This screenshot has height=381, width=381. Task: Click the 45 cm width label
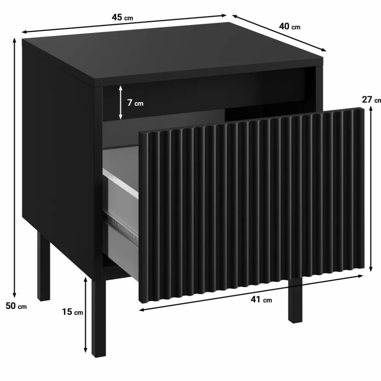122,17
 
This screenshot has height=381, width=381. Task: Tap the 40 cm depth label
289,26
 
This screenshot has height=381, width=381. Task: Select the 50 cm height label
16,306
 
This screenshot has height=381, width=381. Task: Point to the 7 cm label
135,103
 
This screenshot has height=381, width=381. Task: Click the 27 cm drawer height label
371,100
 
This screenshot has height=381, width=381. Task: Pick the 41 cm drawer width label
261,300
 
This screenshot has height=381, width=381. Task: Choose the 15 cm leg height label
72,312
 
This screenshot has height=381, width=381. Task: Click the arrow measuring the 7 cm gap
120,102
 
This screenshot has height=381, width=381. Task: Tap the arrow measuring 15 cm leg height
85,315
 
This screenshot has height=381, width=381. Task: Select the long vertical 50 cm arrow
15,168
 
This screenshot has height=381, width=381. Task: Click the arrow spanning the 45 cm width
124,24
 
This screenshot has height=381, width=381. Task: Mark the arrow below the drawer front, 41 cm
251,293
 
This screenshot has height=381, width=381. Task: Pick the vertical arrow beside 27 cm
371,189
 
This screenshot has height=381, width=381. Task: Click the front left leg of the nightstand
98,319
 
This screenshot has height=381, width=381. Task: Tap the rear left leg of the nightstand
43,266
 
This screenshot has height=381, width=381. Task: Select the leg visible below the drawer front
295,301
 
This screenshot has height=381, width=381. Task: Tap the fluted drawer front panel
252,205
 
